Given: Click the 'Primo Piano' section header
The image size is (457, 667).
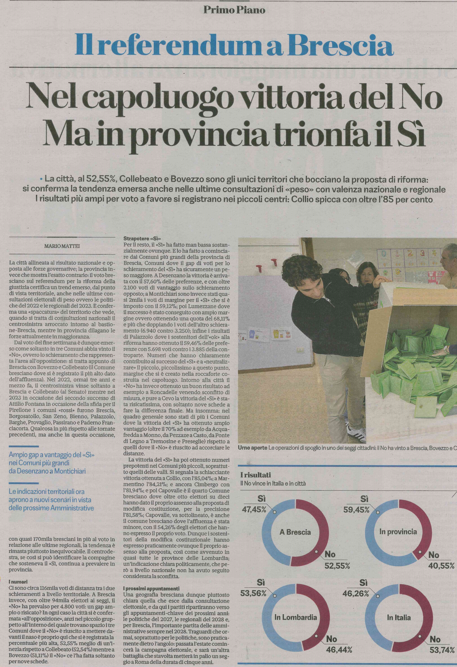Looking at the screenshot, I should tap(234, 10).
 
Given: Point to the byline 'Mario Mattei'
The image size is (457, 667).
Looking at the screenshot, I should tap(62, 246).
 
